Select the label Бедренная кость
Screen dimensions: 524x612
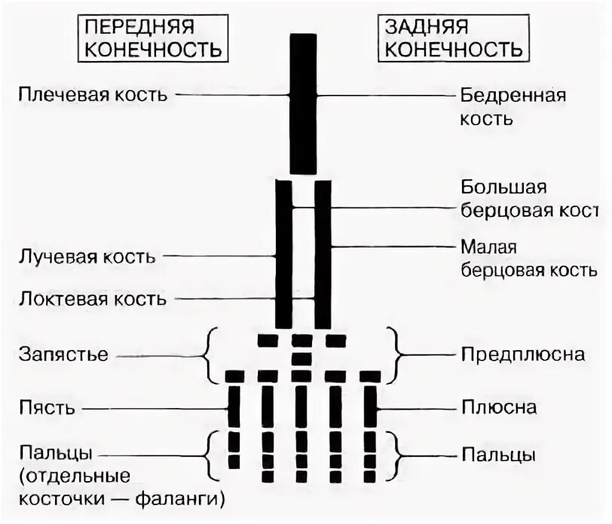513,106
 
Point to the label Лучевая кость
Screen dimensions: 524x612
87,256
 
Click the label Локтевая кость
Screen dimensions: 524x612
92,299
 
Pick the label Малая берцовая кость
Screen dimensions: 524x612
525,257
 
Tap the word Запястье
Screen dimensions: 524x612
63,354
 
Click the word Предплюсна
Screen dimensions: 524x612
522,354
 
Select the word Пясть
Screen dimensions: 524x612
47,408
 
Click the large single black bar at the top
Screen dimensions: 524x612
304,103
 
